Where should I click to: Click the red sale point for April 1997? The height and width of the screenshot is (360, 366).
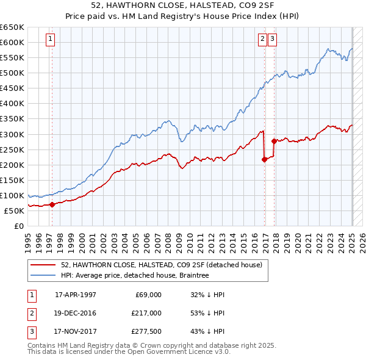pos(52,204)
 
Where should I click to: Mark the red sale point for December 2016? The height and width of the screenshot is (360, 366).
pos(264,159)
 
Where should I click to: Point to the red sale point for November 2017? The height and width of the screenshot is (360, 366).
pos(274,141)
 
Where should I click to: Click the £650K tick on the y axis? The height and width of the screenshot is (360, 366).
pos(12,27)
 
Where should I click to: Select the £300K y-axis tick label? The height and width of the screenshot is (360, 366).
pos(12,134)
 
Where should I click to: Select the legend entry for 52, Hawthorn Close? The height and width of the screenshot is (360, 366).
pos(161,265)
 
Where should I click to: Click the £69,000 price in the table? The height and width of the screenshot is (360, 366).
pos(148,294)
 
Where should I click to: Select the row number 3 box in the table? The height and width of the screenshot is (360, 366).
pos(30,332)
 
